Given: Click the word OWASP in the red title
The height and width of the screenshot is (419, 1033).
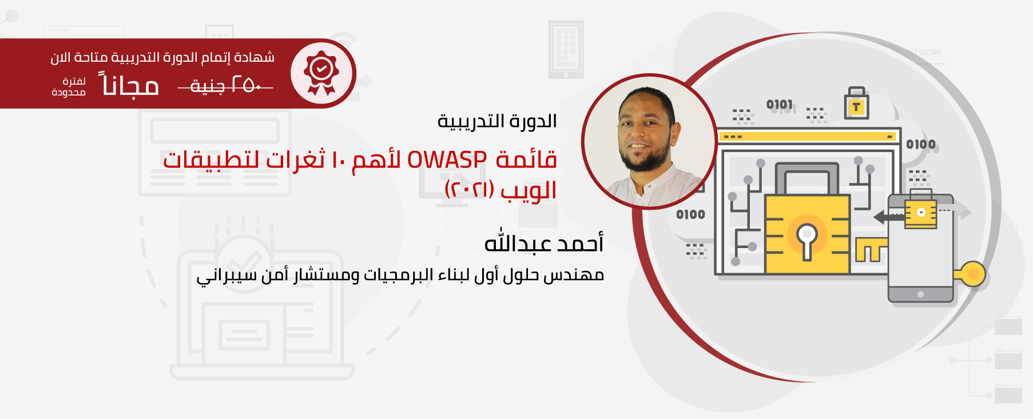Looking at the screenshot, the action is [447, 160].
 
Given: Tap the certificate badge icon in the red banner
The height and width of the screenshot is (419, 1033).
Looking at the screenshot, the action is [321, 73].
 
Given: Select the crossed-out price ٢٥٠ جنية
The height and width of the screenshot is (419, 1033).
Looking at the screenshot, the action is [225, 86].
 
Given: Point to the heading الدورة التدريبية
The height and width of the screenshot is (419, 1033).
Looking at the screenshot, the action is [497, 121].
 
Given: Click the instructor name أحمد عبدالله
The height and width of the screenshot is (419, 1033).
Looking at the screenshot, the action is [544, 243].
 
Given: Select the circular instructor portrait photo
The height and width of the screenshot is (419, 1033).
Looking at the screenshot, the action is [649, 141].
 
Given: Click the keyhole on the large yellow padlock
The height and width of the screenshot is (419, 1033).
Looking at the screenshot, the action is [806, 240].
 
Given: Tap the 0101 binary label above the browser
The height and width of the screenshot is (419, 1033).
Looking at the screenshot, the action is [780, 105].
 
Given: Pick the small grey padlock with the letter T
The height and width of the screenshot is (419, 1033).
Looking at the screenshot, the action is [856, 103].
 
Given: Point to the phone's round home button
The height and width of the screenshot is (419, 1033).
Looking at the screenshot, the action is [920, 294].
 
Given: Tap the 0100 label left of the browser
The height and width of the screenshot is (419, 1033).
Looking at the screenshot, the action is [690, 214].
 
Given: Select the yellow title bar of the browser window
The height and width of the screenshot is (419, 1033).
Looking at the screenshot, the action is [808, 137].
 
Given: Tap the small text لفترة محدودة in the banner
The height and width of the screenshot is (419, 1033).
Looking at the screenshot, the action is [69, 87].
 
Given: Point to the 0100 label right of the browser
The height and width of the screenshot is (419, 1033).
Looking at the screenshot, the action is [921, 145].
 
